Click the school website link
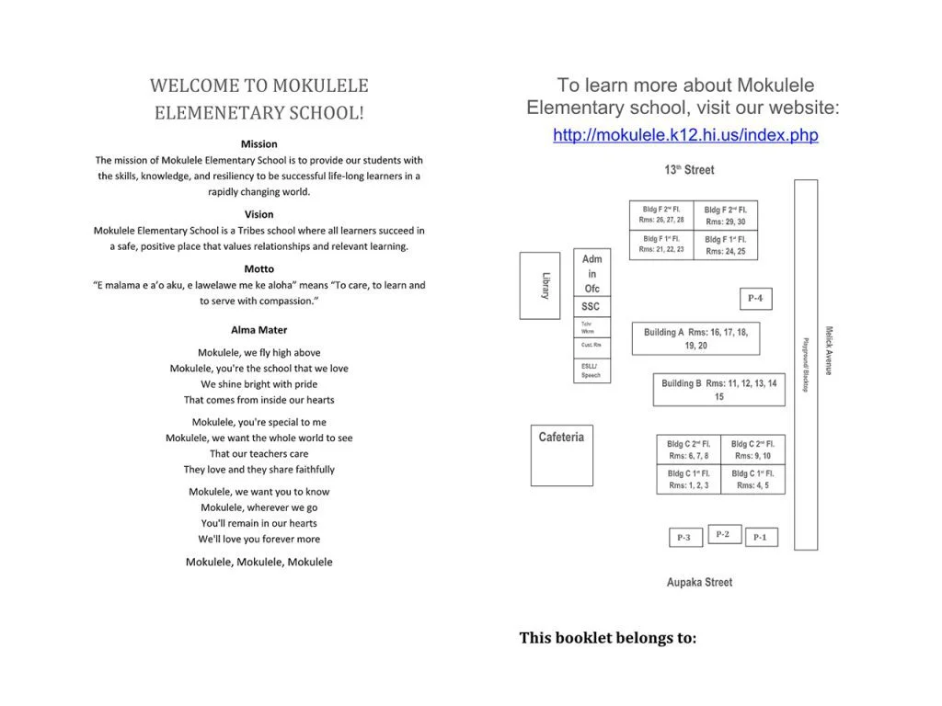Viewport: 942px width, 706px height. coord(685,135)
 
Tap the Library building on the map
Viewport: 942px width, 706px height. coord(540,285)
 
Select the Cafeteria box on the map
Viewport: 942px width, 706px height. coord(561,454)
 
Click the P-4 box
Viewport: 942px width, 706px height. coord(754,299)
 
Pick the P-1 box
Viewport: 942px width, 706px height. coord(761,537)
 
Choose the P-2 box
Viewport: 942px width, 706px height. coord(724,534)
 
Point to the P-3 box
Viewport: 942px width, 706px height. coord(685,538)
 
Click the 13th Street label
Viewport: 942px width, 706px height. coord(689,170)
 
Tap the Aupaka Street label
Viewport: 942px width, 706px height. coord(699,582)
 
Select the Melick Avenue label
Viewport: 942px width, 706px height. coord(828,350)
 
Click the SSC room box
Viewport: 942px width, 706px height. coord(591,306)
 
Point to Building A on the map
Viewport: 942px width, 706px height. coord(695,338)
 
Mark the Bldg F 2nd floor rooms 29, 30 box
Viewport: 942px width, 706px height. coord(726,215)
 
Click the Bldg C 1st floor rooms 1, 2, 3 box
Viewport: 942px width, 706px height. coord(688,479)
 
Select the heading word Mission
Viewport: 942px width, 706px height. coord(258,144)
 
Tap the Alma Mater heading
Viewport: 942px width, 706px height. coord(258,330)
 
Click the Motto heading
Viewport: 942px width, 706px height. coord(258,269)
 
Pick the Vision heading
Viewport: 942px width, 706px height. coord(258,214)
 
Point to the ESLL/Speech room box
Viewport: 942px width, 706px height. coord(592,370)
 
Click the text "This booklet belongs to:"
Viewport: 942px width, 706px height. coord(607,638)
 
